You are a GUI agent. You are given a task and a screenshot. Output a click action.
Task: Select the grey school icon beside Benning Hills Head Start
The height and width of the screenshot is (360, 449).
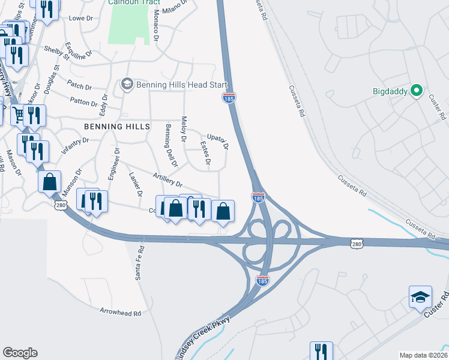click(x=127, y=84)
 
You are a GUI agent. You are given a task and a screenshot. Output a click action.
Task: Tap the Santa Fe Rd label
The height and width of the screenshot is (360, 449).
click(x=139, y=263)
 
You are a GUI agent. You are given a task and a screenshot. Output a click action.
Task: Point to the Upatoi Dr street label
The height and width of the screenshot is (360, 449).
click(x=218, y=142)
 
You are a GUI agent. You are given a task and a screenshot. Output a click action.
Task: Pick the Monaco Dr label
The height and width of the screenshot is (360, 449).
click(x=155, y=25)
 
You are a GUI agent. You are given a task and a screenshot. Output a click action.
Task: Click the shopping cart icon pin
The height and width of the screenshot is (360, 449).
click(x=19, y=113)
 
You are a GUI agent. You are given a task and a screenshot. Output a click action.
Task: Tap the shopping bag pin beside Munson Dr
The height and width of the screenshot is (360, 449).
click(x=50, y=181)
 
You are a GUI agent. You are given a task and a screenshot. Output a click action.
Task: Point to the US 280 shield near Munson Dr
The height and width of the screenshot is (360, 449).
click(x=60, y=206)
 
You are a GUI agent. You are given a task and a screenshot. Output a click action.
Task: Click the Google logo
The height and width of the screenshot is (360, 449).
click(x=20, y=352)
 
